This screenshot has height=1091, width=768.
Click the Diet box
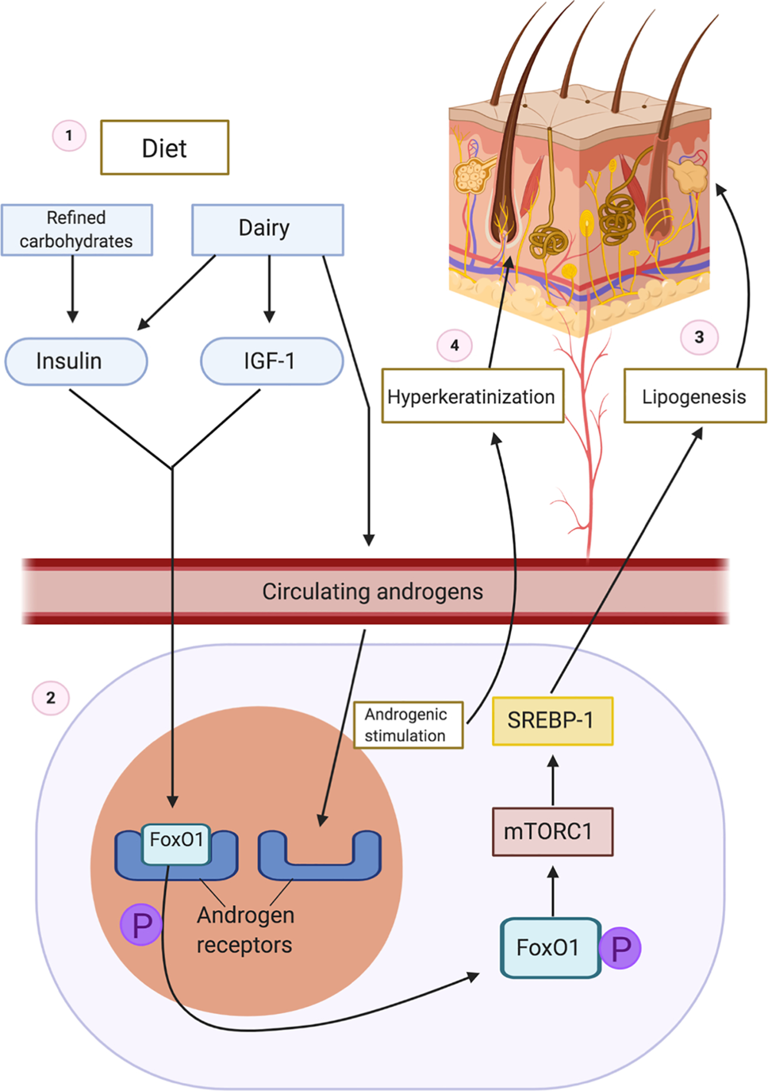pos(165,148)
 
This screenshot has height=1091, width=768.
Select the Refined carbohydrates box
pos(76,230)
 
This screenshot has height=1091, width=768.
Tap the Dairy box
pos(267,230)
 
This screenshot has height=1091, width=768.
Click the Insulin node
pos(76,361)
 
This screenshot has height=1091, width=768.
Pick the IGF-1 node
pos(271,361)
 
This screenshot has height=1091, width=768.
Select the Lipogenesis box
pos(694,396)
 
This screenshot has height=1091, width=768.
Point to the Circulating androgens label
pos(373,592)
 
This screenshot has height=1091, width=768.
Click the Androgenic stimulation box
pos(408,725)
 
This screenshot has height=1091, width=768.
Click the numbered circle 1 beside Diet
pos(69,136)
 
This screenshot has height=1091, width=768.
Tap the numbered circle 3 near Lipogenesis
pos(699,337)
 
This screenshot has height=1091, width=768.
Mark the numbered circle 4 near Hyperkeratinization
pos(454,345)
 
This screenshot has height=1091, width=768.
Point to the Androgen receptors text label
pos(245,930)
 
